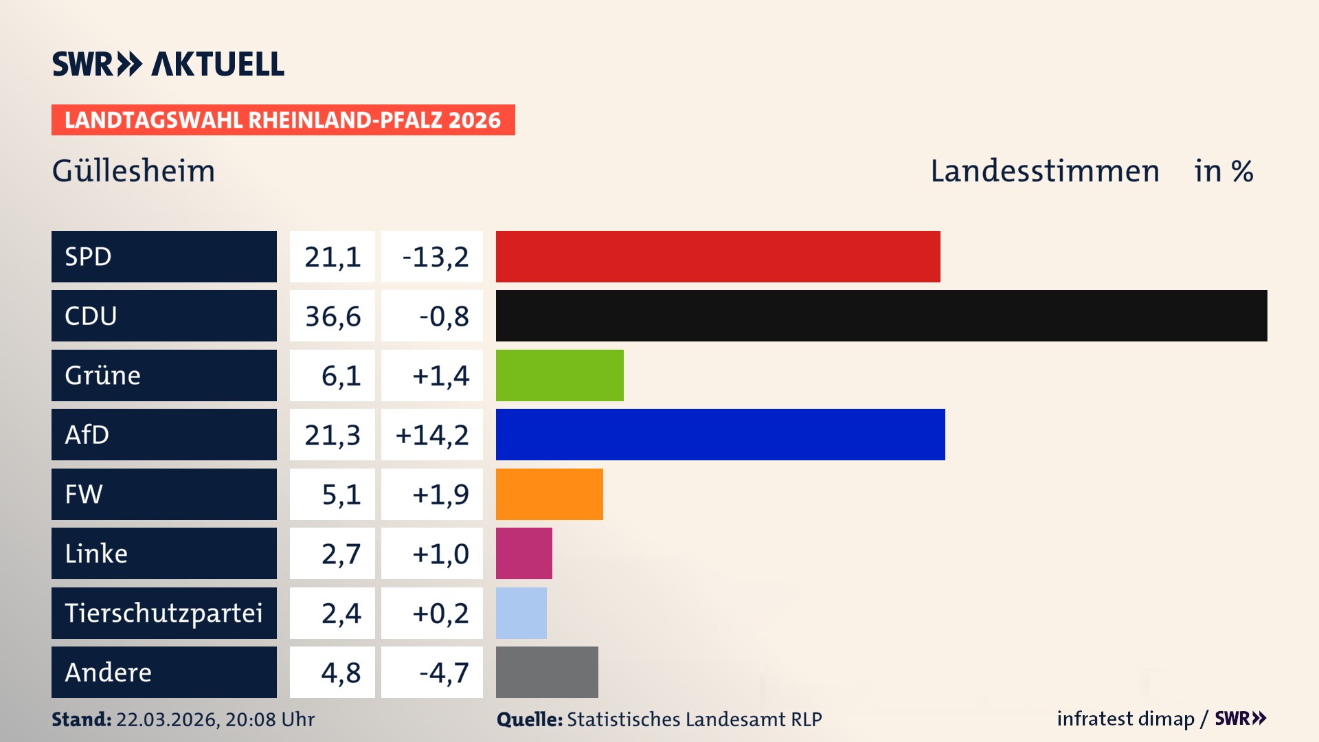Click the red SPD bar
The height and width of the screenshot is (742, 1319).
(x=718, y=256)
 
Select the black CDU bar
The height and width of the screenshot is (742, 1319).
(x=881, y=316)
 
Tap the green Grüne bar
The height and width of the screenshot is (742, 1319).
(x=560, y=375)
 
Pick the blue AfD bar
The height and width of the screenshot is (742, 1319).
(x=720, y=434)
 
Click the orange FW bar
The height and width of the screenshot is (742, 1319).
(x=550, y=494)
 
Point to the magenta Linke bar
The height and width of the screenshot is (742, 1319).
(x=524, y=553)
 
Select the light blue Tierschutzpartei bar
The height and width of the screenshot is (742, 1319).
(x=521, y=613)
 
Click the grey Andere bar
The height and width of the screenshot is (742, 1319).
(x=547, y=672)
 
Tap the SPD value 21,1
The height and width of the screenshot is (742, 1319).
(x=332, y=257)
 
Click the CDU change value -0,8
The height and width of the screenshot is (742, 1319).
(x=444, y=317)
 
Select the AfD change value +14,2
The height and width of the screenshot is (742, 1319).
(x=432, y=435)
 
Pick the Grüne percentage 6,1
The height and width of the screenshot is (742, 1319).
(x=341, y=376)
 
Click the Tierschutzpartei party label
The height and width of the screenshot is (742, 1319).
(x=164, y=613)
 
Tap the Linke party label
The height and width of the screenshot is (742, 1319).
(x=96, y=554)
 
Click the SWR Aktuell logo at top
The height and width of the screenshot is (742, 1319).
(x=168, y=64)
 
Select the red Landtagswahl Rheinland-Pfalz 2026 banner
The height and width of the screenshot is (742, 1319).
(x=282, y=120)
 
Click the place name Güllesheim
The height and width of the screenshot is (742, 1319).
(x=133, y=171)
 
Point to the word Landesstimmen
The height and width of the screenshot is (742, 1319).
(x=1044, y=171)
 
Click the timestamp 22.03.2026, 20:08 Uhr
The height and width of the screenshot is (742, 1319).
(x=215, y=719)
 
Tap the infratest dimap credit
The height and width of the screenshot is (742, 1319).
(x=1125, y=719)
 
